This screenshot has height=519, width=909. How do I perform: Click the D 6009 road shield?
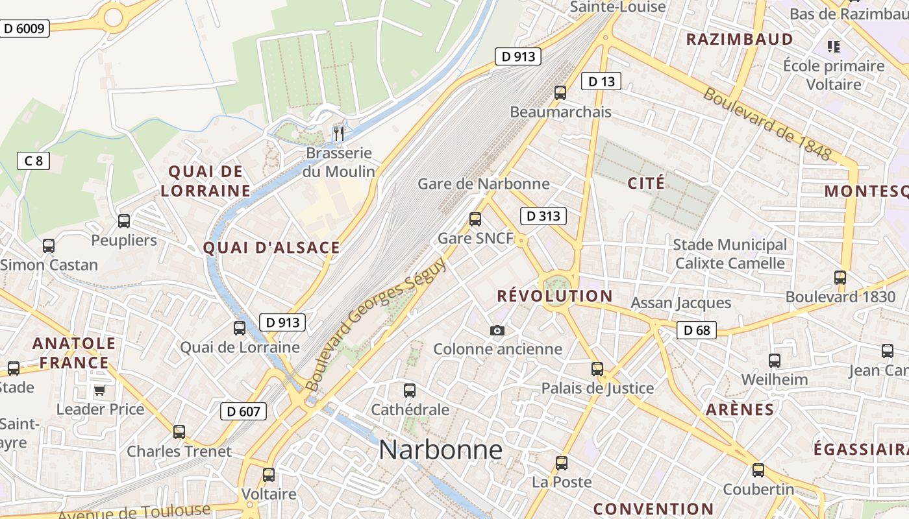[25, 29]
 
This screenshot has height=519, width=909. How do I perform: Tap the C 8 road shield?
[34, 161]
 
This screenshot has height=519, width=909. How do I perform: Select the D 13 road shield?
[601, 81]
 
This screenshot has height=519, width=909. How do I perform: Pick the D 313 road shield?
[543, 216]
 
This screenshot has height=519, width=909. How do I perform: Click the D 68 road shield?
[697, 330]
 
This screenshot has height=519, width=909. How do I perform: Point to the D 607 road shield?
[243, 411]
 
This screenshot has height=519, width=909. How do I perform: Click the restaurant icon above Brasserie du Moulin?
[338, 134]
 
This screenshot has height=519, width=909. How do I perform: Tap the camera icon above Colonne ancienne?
[497, 331]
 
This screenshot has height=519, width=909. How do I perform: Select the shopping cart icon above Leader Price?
[99, 391]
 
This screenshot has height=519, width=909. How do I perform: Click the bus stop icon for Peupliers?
[124, 221]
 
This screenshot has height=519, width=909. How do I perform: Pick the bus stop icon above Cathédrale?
[410, 391]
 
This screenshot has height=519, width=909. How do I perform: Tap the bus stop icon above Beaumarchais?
[560, 93]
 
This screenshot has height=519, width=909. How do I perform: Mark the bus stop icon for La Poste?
[562, 463]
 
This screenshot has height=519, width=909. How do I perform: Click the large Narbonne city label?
[441, 450]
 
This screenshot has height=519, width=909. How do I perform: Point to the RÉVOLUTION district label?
[554, 296]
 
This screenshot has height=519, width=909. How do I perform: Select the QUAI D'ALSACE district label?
[271, 247]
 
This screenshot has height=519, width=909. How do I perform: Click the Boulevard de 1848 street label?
[767, 124]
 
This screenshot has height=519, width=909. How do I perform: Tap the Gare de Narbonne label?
[483, 184]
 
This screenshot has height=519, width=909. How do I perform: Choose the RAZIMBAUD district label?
[740, 39]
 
